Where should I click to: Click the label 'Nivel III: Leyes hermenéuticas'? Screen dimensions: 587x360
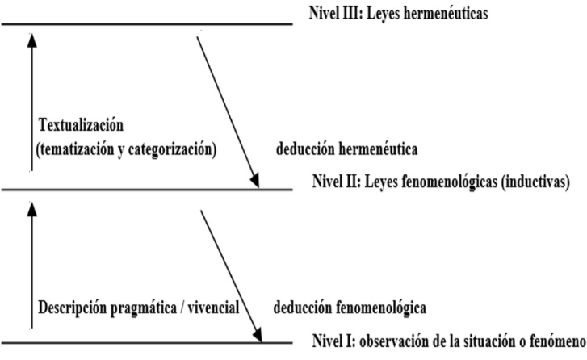[398, 14]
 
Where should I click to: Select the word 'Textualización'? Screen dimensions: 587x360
[81, 124]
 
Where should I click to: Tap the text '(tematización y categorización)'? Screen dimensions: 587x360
[126, 149]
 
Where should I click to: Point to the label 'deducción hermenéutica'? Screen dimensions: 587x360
[347, 149]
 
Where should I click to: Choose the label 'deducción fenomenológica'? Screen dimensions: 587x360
[350, 308]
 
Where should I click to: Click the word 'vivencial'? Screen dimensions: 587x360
[213, 308]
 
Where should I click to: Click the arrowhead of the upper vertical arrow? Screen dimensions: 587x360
[32, 40]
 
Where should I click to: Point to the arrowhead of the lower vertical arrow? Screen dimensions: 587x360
[32, 209]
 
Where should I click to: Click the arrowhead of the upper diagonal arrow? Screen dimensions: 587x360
[255, 180]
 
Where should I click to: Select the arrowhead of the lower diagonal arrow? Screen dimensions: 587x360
[258, 334]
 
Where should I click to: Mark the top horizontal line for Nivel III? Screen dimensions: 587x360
[147, 24]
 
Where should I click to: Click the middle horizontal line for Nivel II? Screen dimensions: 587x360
[147, 190]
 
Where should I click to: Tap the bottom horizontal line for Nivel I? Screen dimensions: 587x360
[147, 342]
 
